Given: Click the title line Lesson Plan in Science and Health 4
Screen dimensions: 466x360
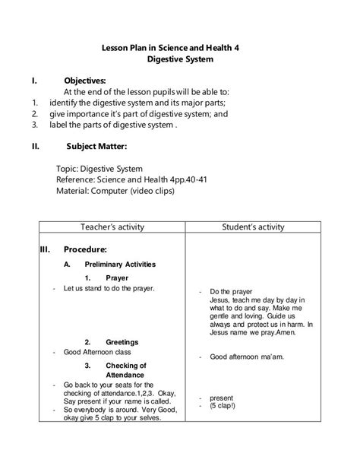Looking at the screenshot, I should tap(180, 46).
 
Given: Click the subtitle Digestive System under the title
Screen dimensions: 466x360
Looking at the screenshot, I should tap(180, 59).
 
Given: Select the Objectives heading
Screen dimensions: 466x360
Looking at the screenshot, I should tap(85, 80).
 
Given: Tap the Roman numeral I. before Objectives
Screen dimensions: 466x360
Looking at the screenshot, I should tap(34, 80).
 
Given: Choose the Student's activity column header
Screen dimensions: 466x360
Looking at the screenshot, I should tap(253, 227).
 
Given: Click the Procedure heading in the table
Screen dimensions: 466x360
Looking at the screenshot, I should tap(85, 249).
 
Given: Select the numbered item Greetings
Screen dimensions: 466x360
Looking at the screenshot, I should tap(122, 341).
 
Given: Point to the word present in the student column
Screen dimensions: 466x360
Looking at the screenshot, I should tap(222, 398).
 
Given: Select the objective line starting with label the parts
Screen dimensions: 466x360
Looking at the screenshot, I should tap(112, 125).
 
